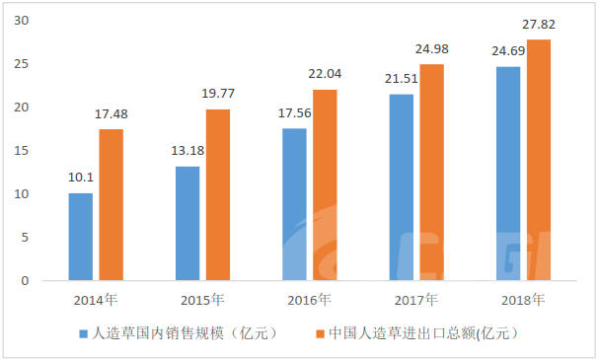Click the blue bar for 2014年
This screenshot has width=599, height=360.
coord(81,237)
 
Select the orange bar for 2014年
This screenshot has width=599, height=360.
coord(112,205)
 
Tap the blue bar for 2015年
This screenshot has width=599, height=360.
coord(187,223)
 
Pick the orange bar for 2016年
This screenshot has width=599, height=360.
coord(325,185)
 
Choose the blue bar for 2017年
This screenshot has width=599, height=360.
coord(402,187)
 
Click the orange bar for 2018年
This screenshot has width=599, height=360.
coord(539,160)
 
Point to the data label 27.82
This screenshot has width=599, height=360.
coord(539,25)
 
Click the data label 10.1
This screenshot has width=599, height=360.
coord(81,178)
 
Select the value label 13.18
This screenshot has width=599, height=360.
coord(187,151)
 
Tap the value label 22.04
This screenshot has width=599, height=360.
coord(325,74)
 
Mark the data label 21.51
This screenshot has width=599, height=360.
coord(401,79)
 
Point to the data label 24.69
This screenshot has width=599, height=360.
coord(508,50)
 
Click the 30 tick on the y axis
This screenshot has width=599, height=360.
coord(22,21)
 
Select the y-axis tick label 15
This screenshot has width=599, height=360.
coord(22,151)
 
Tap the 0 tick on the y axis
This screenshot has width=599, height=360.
coord(26,281)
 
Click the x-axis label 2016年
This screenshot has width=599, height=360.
coord(309,300)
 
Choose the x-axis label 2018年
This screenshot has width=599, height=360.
coord(523,300)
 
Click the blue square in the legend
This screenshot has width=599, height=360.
coord(83,334)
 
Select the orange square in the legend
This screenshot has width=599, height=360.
coord(320,334)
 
